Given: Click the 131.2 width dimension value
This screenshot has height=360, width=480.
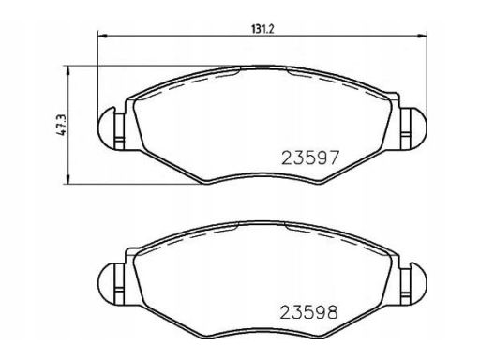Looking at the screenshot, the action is (x=262, y=29).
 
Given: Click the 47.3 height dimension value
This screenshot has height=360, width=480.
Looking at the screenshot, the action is (x=61, y=125).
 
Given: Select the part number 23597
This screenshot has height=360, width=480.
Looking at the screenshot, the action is (x=310, y=157).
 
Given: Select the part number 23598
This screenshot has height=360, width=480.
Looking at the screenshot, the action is (x=308, y=312).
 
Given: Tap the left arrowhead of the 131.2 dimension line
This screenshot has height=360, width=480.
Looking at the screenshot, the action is (x=103, y=37).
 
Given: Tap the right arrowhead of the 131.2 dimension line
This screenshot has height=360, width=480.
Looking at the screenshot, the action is (x=423, y=37).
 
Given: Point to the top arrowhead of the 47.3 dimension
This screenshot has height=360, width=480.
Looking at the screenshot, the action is (x=67, y=71).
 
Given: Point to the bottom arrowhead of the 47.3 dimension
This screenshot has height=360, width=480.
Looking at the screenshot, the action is (x=67, y=179).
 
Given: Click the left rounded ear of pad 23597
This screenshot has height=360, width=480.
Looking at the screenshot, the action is (x=106, y=127).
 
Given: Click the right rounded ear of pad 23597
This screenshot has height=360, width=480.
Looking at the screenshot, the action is (x=417, y=127).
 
